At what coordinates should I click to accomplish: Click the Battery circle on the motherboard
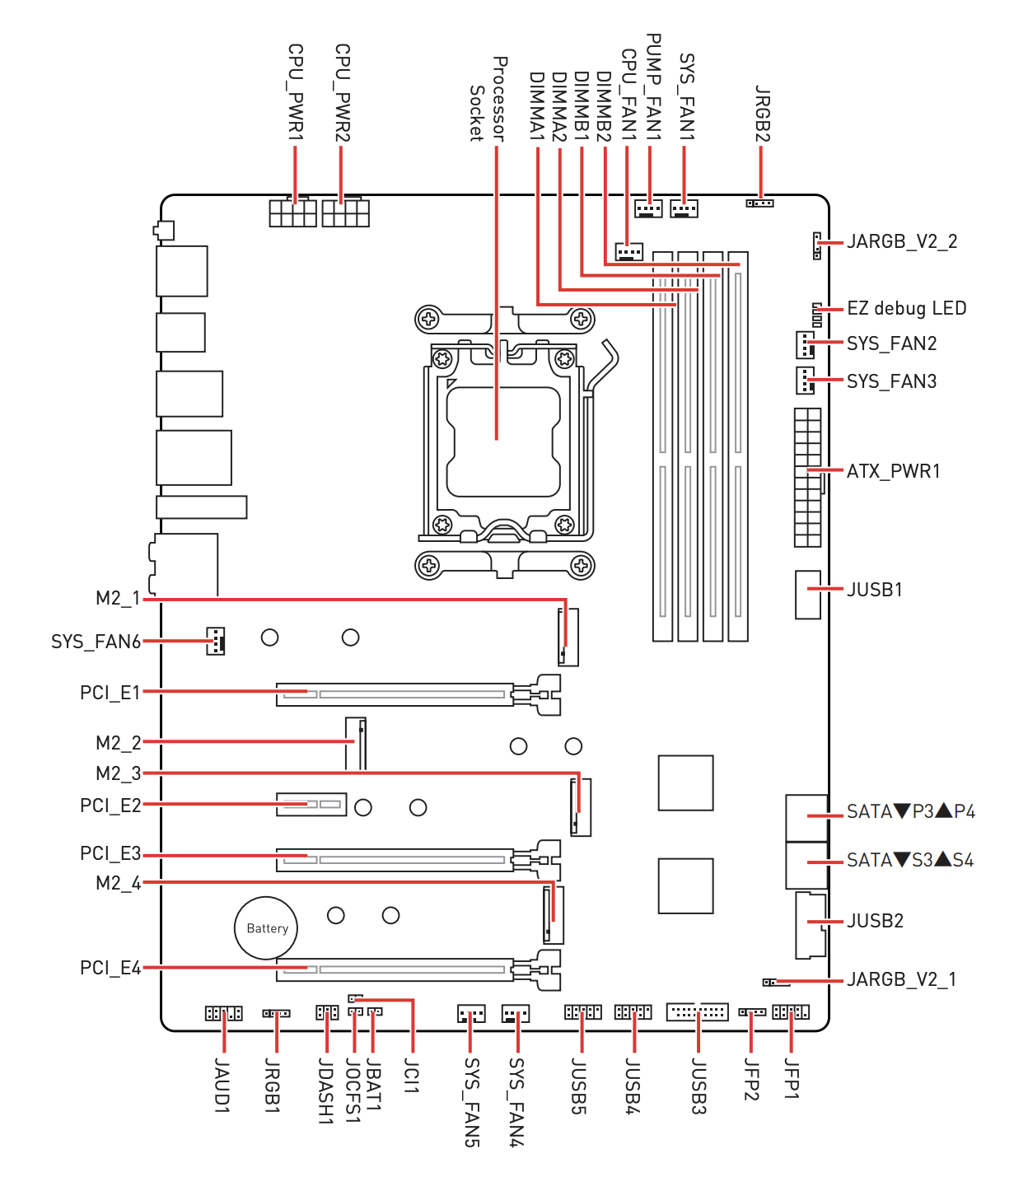pyautogui.click(x=265, y=927)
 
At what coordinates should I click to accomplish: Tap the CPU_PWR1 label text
pyautogui.click(x=296, y=91)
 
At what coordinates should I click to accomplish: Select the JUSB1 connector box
pyautogui.click(x=807, y=595)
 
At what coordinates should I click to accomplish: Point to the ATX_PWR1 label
pyautogui.click(x=893, y=471)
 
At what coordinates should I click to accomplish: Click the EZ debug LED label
pyautogui.click(x=906, y=308)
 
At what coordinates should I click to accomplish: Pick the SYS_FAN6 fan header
pyautogui.click(x=216, y=641)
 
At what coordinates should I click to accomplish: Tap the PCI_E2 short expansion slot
pyautogui.click(x=311, y=805)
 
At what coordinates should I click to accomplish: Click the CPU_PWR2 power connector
pyautogui.click(x=345, y=212)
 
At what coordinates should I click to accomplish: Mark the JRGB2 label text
pyautogui.click(x=763, y=113)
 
